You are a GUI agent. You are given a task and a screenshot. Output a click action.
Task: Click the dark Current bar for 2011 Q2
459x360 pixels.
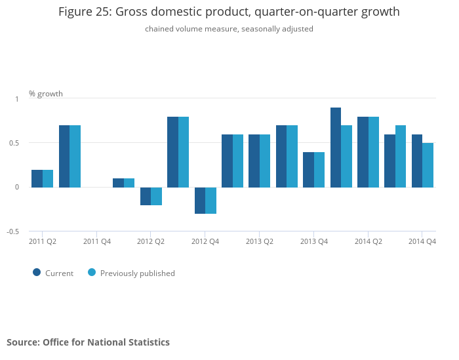(37, 178)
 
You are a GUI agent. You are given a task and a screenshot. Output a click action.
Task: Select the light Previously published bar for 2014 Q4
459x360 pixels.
(428, 165)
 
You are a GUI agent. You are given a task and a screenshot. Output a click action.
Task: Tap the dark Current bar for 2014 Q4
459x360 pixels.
(417, 161)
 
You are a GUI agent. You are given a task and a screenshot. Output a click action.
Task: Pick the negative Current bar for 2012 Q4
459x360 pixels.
(200, 201)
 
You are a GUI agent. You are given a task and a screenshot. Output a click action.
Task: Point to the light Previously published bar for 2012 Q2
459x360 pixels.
(156, 196)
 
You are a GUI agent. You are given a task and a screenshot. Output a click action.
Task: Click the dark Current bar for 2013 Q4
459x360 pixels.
(308, 170)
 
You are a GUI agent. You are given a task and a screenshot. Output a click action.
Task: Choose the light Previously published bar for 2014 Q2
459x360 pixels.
(374, 152)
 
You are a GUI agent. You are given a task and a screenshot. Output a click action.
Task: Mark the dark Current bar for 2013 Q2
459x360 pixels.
(254, 161)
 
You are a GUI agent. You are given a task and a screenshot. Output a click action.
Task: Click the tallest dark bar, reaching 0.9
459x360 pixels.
(336, 148)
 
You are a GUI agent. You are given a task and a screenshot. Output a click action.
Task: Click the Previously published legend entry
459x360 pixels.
(131, 273)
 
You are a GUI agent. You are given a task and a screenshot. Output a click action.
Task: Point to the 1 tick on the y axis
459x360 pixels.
(17, 99)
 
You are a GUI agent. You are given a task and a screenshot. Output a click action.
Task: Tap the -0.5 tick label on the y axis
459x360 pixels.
(13, 231)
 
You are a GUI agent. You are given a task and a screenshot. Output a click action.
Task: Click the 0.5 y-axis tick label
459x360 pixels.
(14, 143)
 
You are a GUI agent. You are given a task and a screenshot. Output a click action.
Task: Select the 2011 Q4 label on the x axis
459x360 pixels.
(97, 241)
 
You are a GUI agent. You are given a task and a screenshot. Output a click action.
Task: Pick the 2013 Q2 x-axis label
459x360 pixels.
(260, 241)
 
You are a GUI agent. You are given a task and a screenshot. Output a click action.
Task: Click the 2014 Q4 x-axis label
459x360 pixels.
(422, 241)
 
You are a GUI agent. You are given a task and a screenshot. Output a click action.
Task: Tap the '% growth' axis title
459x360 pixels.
(46, 94)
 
